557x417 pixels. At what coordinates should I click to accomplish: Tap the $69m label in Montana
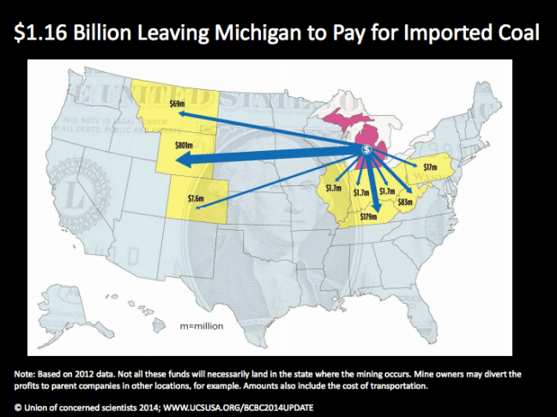[179, 104]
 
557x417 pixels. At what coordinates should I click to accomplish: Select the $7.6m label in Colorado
[196, 198]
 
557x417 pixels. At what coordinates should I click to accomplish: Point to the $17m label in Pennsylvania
[431, 166]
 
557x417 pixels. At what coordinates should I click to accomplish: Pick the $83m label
[407, 202]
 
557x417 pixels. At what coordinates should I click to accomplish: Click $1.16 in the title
[45, 33]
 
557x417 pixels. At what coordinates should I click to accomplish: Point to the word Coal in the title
[513, 33]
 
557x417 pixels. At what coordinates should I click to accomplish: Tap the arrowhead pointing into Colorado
[207, 205]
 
